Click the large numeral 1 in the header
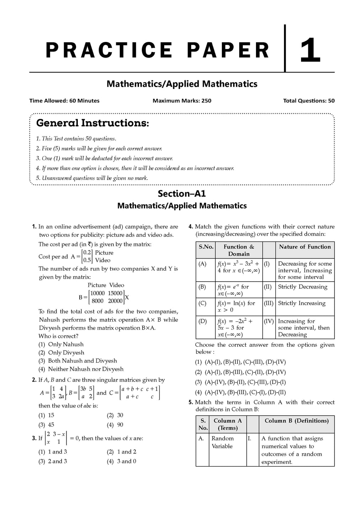(310, 50)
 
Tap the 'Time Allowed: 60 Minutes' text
(64, 101)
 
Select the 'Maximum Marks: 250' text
(182, 101)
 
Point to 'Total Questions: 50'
(309, 101)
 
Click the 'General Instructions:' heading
(92, 123)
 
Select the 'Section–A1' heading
(182, 194)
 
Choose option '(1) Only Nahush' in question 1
(61, 344)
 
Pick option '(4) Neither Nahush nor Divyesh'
(81, 369)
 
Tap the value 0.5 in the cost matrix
(87, 260)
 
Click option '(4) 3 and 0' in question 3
(122, 461)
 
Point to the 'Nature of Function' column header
(305, 247)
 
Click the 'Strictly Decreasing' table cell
(303, 287)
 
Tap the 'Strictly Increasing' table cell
(301, 303)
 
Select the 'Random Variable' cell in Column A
(223, 442)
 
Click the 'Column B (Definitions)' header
(296, 421)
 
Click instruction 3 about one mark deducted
(105, 159)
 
